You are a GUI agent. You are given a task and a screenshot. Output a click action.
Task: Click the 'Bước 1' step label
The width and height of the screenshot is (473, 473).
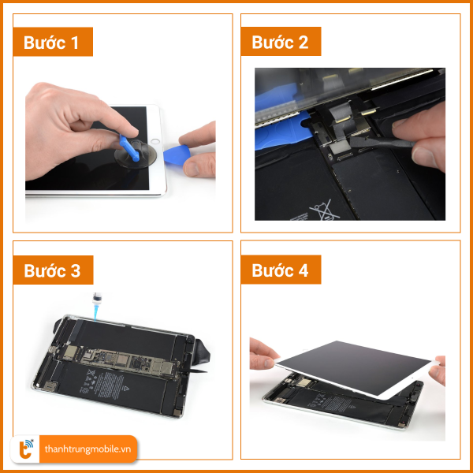coord(53,42)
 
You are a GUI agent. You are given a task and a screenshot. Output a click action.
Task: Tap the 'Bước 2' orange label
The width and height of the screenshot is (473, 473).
coord(281,42)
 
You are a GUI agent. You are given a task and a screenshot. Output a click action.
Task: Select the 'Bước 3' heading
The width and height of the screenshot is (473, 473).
coord(53,270)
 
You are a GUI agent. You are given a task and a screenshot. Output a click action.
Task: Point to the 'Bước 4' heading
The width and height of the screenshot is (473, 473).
coord(281,270)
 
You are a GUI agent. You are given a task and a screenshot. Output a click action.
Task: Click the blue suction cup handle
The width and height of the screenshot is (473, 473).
coord(129,148)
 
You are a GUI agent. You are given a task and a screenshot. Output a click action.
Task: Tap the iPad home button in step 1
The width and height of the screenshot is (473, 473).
coord(155,141)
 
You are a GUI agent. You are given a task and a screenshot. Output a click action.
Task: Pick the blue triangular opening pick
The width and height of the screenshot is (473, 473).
coord(177,155)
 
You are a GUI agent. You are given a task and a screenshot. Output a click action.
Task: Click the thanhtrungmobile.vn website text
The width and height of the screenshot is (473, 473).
coord(88,449)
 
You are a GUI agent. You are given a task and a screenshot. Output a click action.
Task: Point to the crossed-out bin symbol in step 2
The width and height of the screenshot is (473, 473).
coord(324,210)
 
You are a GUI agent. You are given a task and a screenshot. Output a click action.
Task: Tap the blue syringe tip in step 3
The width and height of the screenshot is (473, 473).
coord(96,312)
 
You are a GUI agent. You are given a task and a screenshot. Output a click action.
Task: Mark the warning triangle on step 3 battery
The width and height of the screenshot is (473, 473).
coord(125,389)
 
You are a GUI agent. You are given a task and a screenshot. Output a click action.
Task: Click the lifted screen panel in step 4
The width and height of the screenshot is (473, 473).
coord(357,369)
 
